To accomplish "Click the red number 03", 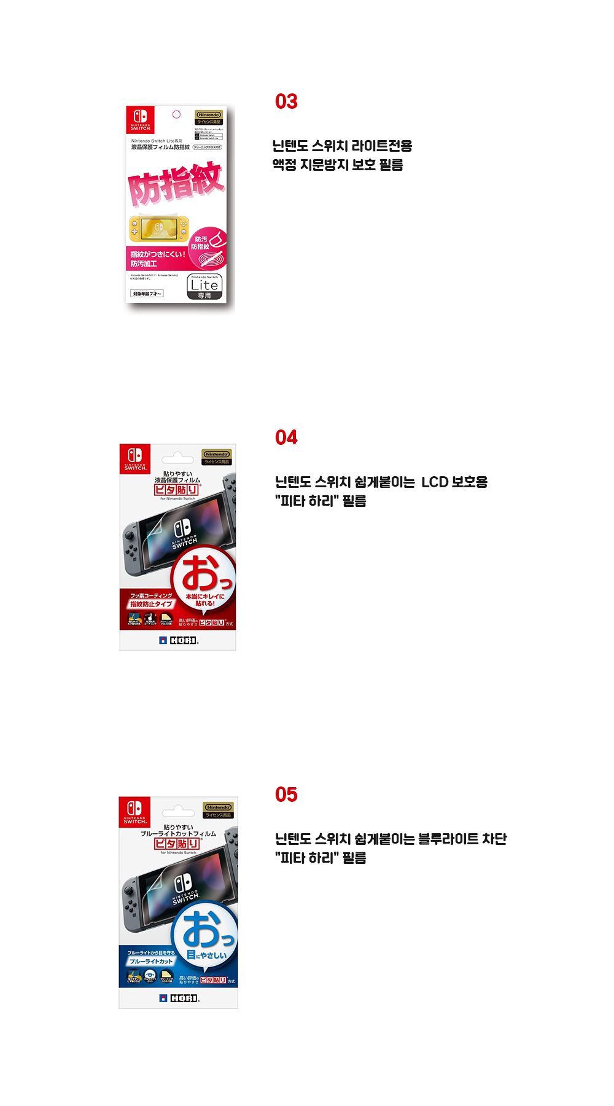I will tap(286, 101).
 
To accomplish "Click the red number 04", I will tap(286, 437).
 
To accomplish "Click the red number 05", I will tap(286, 794).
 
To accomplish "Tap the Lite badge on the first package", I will tap(204, 286).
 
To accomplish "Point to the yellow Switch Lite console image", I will tap(159, 229).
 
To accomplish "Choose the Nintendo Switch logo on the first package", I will tap(140, 119).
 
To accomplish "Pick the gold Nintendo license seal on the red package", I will tap(217, 457).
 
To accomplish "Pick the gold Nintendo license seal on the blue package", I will tap(218, 810).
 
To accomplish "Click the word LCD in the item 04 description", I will tap(435, 482).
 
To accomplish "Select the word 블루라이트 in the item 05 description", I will tap(448, 839).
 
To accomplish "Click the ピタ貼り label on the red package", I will tap(176, 490).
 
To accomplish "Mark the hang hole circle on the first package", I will tap(176, 114).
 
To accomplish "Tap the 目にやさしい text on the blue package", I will tap(206, 955).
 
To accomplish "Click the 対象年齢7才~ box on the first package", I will tap(147, 294).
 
